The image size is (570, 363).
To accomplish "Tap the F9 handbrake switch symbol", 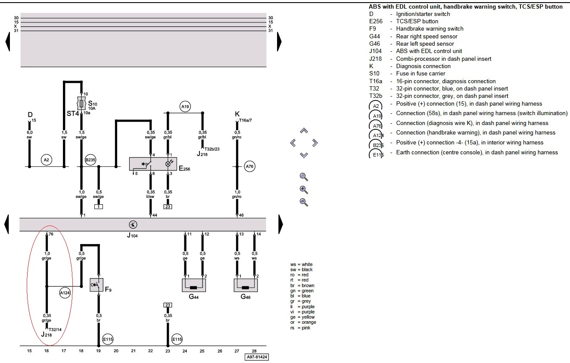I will [97, 285].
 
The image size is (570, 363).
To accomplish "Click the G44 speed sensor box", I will [194, 285].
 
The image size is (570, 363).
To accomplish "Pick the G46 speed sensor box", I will [246, 285].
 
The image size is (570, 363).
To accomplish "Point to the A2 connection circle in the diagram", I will [47, 160].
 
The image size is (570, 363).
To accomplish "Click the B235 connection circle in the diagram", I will [90, 160].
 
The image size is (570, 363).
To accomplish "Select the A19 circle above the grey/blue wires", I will [185, 106].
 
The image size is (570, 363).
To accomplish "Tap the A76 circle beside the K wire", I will [249, 166].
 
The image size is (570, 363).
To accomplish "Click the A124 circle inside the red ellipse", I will [65, 293].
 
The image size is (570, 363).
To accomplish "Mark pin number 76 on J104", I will [50, 235].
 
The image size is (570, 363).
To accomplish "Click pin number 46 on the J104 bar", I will [241, 215].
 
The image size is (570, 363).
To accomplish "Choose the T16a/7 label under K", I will [246, 121].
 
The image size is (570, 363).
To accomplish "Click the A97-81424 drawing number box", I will [257, 357].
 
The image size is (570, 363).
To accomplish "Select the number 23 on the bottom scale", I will [168, 351].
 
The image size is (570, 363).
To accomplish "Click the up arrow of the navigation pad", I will [304, 130].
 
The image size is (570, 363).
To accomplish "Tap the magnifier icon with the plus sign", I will [304, 189].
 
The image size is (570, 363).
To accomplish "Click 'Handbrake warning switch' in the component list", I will [430, 29].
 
